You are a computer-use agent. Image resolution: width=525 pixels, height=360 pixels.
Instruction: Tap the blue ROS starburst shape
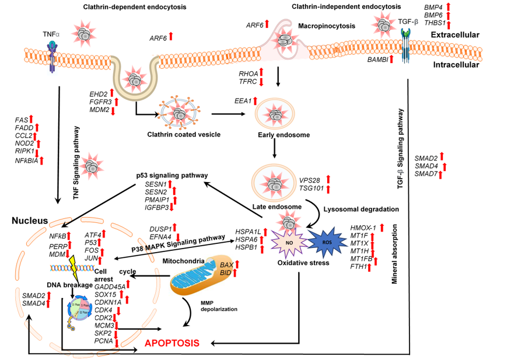(325, 241)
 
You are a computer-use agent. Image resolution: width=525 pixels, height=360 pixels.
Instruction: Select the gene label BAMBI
(378, 60)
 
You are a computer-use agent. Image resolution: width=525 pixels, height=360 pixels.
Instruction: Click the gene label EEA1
(242, 101)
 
